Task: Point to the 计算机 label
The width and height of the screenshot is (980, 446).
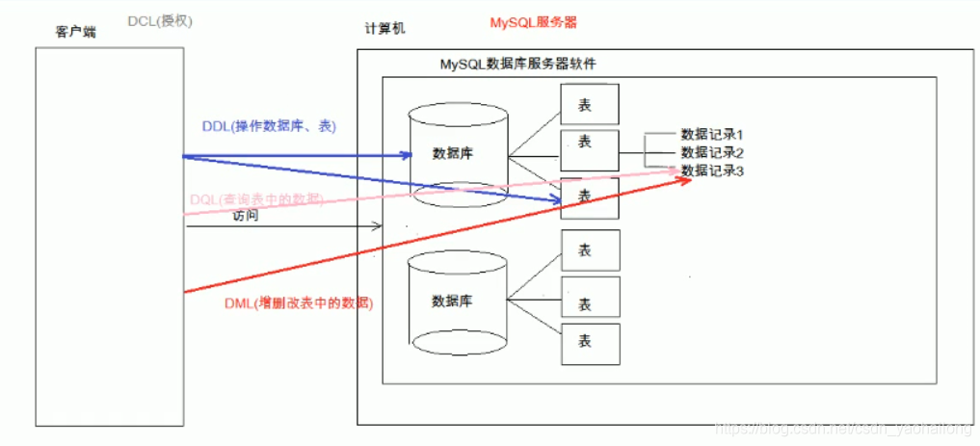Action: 384,28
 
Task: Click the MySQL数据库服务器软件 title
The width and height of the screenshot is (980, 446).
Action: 517,65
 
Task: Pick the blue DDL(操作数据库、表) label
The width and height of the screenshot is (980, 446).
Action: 269,126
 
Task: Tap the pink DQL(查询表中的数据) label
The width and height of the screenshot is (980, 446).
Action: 255,198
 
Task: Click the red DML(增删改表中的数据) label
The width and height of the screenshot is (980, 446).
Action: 298,302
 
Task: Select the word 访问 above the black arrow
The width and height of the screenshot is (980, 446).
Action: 246,217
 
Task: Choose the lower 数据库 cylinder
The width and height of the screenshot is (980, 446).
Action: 453,299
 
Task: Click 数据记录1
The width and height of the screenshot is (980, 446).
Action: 712,135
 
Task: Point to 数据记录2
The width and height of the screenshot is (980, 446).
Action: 712,152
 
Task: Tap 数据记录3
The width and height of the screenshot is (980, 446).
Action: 712,171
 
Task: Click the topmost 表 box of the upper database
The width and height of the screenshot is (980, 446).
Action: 590,104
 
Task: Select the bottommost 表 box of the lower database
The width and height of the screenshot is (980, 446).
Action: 590,343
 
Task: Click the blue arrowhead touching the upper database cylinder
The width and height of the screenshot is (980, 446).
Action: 405,154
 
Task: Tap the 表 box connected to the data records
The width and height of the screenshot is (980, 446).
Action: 590,150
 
